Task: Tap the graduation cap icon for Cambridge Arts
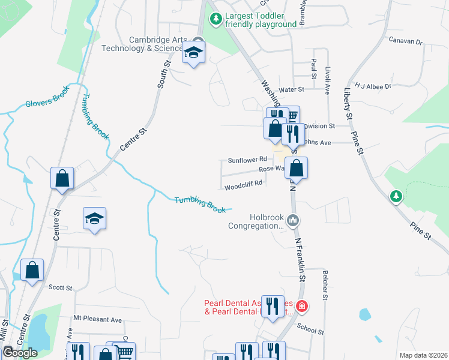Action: pyautogui.click(x=194, y=55)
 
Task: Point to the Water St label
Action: pyautogui.click(x=292, y=89)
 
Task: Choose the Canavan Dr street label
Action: pyautogui.click(x=406, y=43)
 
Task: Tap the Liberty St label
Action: pyautogui.click(x=348, y=101)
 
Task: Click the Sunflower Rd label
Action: pyautogui.click(x=247, y=160)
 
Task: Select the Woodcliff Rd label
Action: pyautogui.click(x=244, y=185)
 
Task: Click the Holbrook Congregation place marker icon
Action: pyautogui.click(x=293, y=220)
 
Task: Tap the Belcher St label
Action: pyautogui.click(x=325, y=284)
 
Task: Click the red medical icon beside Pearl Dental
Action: pyautogui.click(x=301, y=307)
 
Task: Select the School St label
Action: pyautogui.click(x=310, y=328)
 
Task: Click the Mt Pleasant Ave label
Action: pyautogui.click(x=97, y=319)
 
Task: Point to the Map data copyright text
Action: pyautogui.click(x=423, y=355)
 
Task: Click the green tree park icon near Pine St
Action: pyautogui.click(x=396, y=196)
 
